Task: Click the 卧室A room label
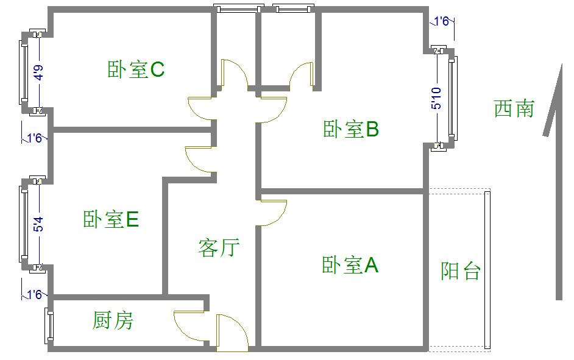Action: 350,265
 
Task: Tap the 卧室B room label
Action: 351,129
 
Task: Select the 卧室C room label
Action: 136,69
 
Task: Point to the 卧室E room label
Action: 111,219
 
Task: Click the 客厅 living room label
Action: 219,247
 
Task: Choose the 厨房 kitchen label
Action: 113,320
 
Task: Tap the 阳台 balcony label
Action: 461,270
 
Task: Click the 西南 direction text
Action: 514,108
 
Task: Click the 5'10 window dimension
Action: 436,98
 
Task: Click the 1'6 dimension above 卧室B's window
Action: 442,21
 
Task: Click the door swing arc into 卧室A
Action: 274,213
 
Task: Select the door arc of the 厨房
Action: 189,326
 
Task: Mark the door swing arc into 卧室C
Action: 200,108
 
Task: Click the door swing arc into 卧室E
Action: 199,159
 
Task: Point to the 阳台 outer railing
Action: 487,270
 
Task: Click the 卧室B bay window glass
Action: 452,97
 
